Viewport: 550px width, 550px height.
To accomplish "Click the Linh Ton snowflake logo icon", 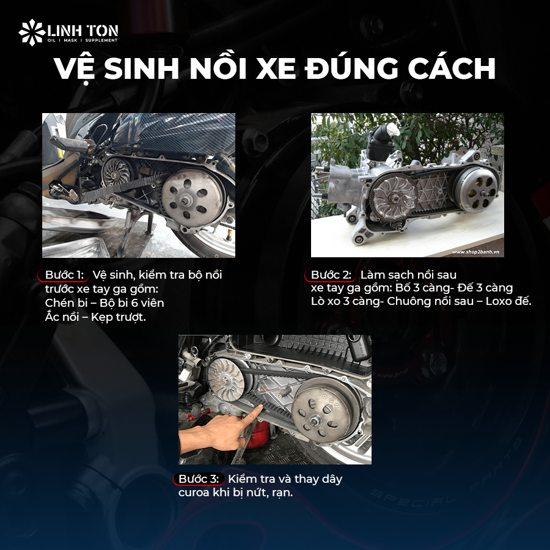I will pos(31,32).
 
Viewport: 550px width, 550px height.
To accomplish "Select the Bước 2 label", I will pos(330,274).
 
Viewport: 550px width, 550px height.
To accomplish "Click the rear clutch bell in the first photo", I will pos(189,197).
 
